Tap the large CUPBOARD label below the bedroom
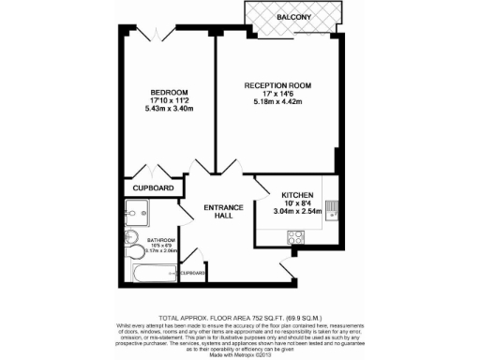[x=153, y=187]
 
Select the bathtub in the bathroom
[x=150, y=275]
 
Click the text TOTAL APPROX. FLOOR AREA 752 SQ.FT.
[x=239, y=317]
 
